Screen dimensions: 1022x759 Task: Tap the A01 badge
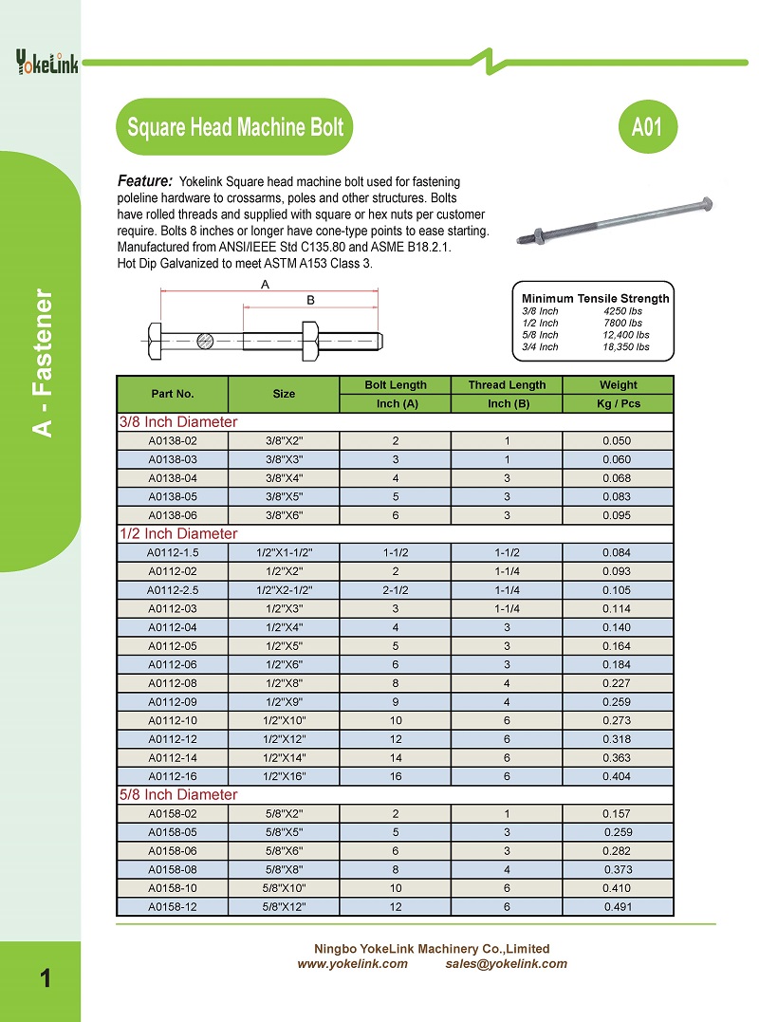(x=646, y=127)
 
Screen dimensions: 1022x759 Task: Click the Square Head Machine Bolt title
(x=234, y=127)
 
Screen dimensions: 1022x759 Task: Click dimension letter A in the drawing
(x=265, y=285)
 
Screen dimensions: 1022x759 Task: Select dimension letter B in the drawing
(x=309, y=300)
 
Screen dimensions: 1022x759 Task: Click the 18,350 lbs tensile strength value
(x=626, y=347)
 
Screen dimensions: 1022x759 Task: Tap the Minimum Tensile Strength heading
(x=595, y=298)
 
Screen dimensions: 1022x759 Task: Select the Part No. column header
(x=173, y=394)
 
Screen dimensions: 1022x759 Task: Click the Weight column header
(x=618, y=385)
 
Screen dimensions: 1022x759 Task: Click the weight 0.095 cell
(x=617, y=515)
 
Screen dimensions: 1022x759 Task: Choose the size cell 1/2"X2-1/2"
(x=284, y=589)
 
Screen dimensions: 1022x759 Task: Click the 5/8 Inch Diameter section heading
(x=177, y=794)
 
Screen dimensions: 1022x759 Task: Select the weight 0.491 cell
(x=618, y=906)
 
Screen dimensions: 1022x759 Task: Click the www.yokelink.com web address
(x=353, y=964)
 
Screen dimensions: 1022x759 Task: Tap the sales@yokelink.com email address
(x=506, y=964)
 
